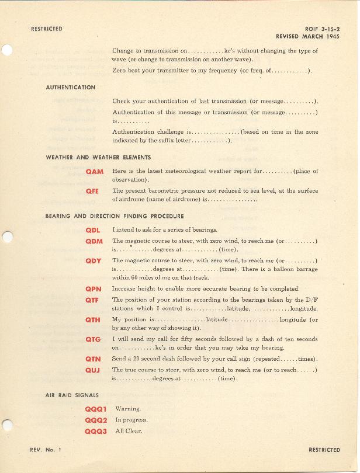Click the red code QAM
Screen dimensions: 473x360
(x=94, y=172)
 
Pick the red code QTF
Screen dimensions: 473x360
(x=93, y=300)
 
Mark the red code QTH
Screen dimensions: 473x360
(x=93, y=320)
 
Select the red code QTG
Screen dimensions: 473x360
(x=93, y=339)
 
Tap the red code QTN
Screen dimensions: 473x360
(x=93, y=359)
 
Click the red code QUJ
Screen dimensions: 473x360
(x=93, y=370)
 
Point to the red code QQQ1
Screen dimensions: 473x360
(x=96, y=409)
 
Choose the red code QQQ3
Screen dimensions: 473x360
(x=96, y=432)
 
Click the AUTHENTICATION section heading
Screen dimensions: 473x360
(x=71, y=88)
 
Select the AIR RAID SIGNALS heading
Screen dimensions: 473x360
(x=72, y=395)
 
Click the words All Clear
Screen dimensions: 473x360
(x=129, y=432)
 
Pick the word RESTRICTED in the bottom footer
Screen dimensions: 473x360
(x=324, y=450)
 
